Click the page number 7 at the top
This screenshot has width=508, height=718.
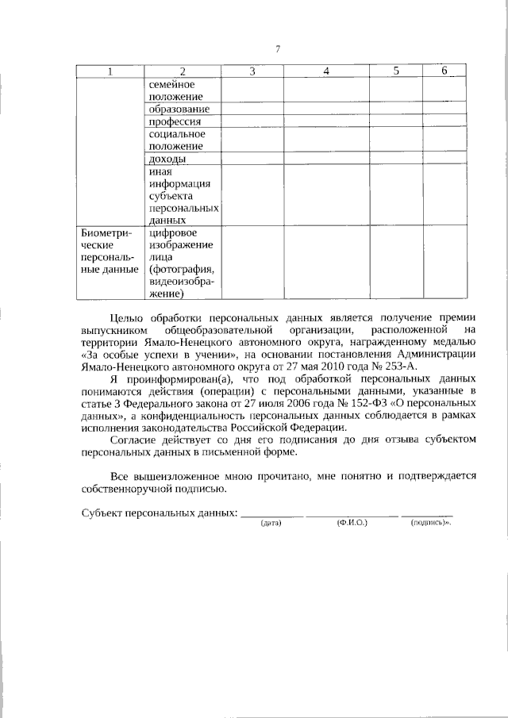coord(278,50)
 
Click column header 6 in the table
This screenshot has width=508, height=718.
coord(444,71)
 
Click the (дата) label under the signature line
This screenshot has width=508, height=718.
coord(271,524)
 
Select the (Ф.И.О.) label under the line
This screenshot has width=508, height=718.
coord(350,524)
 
